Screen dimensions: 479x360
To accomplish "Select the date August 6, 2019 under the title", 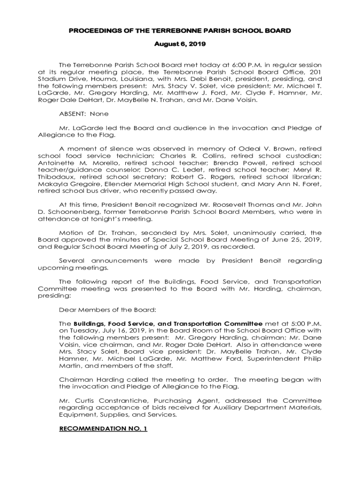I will click(180, 45).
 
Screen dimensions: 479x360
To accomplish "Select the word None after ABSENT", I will click(99, 114).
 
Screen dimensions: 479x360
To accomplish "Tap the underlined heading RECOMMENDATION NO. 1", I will click(103, 428).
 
